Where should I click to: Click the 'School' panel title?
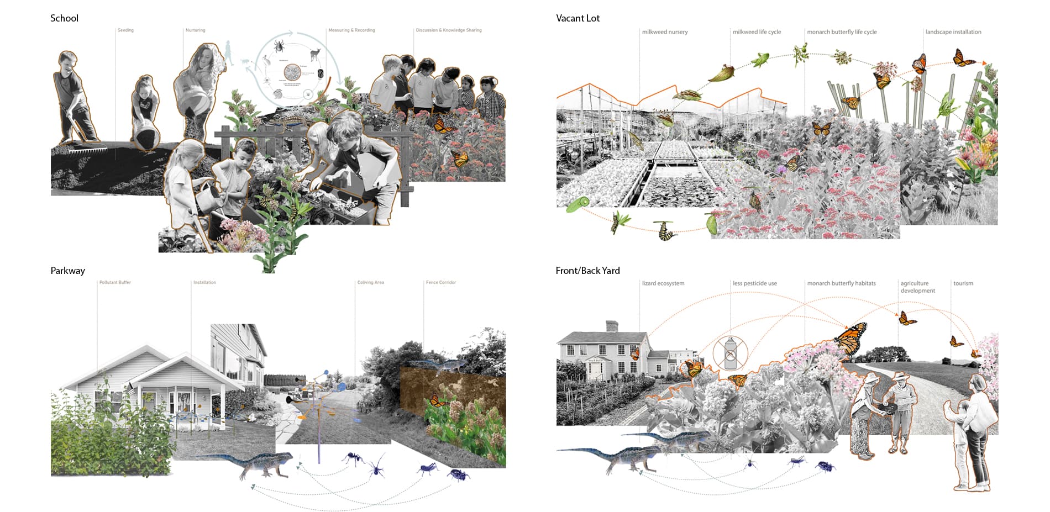coord(64,18)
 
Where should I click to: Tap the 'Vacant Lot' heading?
coord(577,18)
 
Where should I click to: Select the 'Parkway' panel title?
coord(67,271)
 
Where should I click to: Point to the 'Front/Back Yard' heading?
coord(587,271)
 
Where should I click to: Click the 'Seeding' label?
coord(125,30)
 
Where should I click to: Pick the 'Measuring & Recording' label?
coord(351,30)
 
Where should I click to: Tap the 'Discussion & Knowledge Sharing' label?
coord(448,30)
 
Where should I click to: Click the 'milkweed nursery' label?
coord(665,32)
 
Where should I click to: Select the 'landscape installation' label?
coord(953,32)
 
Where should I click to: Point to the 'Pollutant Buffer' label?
coord(115,282)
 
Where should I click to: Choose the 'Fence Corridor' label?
coord(440,282)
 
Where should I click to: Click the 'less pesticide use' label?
coord(754,283)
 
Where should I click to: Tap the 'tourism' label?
coord(963,283)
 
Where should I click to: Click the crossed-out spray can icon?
coord(730,353)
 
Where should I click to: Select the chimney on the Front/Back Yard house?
coord(611,326)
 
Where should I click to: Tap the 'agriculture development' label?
coord(917,287)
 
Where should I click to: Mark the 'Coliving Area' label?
coord(370,282)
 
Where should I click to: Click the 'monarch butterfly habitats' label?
coord(841,283)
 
